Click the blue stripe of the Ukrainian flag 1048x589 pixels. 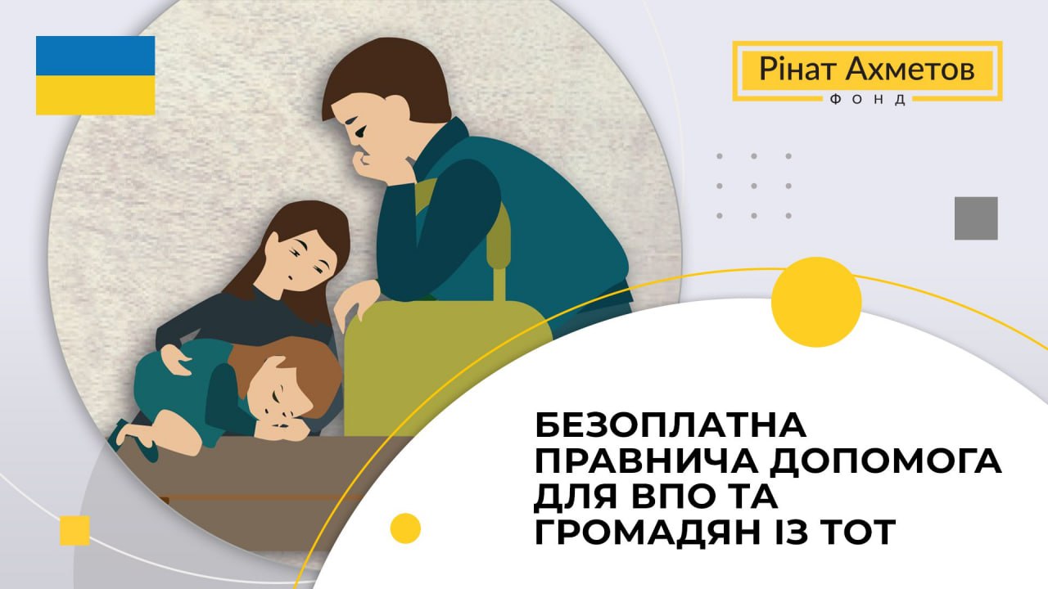(96, 56)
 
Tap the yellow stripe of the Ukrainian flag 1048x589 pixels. (96, 95)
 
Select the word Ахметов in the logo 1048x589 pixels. (910, 70)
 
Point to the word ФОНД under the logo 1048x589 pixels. (867, 100)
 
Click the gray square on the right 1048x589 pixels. (976, 218)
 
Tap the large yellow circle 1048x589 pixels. (816, 302)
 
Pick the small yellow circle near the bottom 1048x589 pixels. (405, 528)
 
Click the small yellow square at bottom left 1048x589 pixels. (75, 531)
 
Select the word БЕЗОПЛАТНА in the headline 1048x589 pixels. (671, 425)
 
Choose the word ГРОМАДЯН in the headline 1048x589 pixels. (648, 533)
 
